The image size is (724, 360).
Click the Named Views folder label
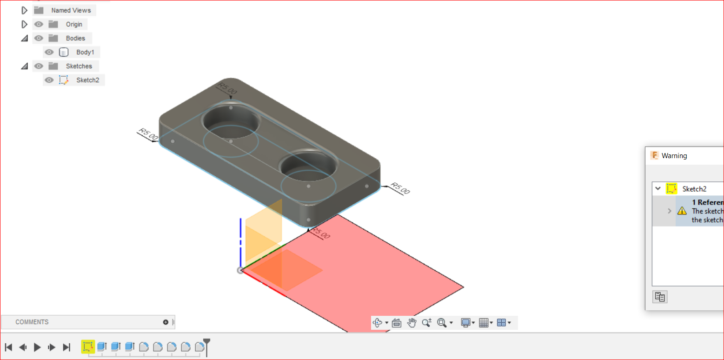(71, 10)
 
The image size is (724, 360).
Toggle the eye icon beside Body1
(49, 52)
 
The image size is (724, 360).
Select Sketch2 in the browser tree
(87, 80)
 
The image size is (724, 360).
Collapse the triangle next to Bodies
(25, 38)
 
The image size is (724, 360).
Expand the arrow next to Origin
(25, 24)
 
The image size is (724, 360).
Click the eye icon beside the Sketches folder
(39, 66)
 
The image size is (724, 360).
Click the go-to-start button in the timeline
(8, 347)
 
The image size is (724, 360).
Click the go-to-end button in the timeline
(66, 347)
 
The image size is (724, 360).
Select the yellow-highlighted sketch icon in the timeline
(87, 347)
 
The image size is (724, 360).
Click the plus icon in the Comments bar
(166, 322)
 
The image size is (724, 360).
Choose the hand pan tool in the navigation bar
(412, 322)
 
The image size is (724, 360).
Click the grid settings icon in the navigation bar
(484, 322)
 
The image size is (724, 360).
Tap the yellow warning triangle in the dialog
(682, 211)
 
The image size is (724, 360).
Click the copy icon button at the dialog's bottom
(660, 297)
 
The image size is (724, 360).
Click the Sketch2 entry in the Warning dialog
(694, 189)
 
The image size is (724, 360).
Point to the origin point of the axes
(240, 270)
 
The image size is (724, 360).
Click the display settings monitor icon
(465, 322)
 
